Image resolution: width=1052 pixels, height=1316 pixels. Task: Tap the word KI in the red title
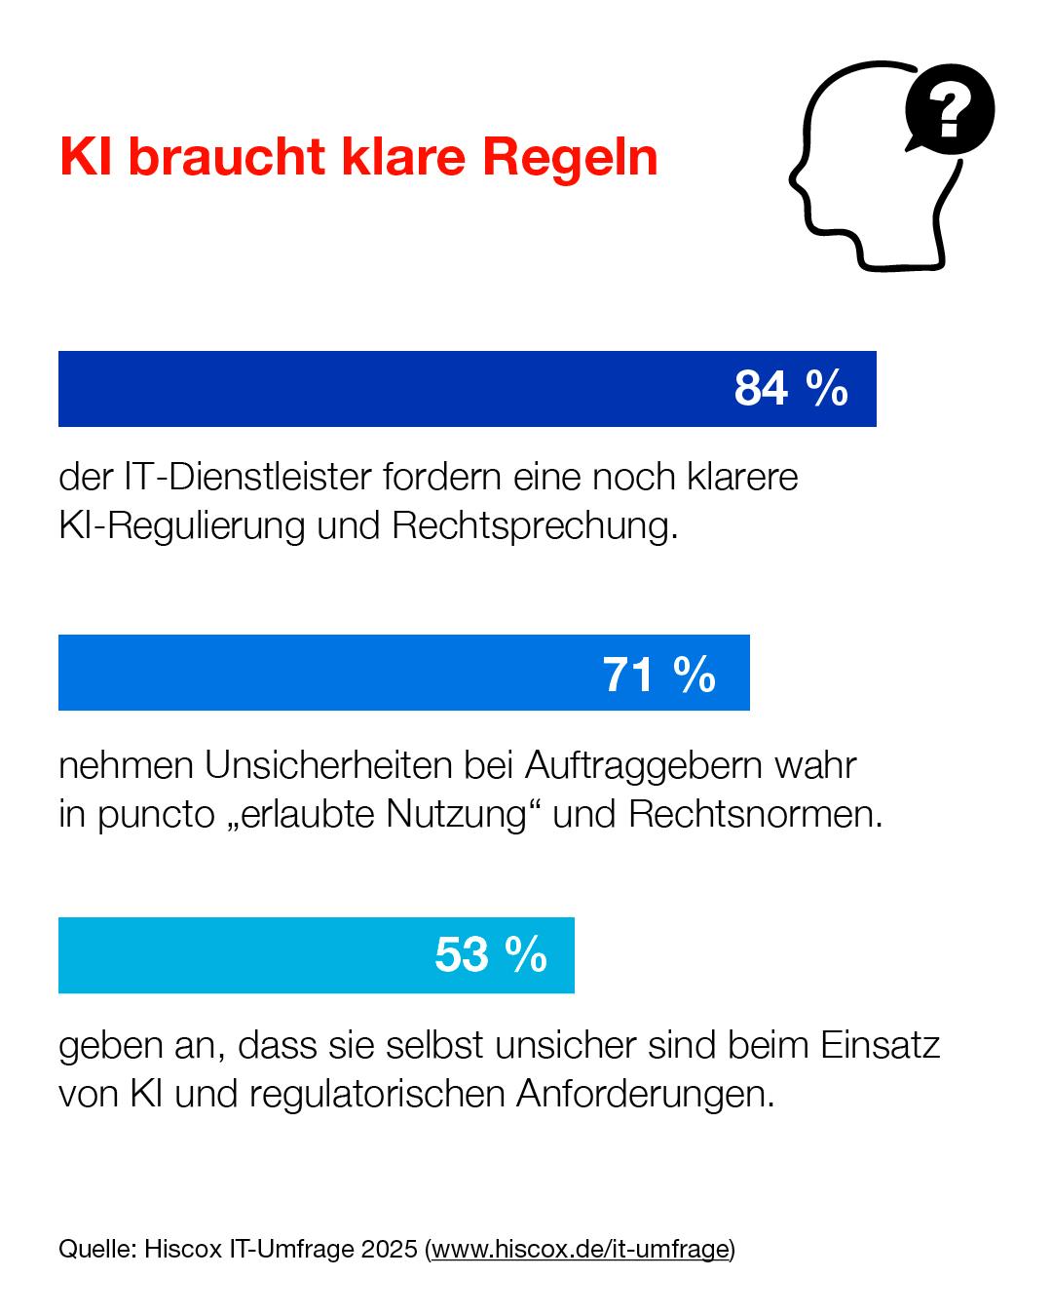[x=87, y=157]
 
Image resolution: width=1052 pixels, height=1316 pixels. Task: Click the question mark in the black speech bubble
[x=950, y=109]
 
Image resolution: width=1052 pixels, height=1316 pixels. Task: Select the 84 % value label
[x=791, y=388]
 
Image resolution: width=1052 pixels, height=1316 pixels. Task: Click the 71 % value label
[x=659, y=674]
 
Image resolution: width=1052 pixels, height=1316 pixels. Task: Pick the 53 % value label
[x=491, y=954]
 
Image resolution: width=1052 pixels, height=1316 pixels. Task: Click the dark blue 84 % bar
[x=390, y=389]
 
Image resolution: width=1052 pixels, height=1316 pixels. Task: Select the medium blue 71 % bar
[x=321, y=673]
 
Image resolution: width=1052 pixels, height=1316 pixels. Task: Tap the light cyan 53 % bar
[x=244, y=955]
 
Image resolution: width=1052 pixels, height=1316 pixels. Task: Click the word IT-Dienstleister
[x=247, y=477]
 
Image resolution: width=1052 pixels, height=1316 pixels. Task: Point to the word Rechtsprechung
[x=535, y=525]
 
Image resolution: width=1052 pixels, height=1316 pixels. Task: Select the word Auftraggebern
[x=645, y=767]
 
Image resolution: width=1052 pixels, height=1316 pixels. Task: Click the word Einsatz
[x=880, y=1045]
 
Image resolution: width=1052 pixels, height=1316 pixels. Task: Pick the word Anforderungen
[x=645, y=1094]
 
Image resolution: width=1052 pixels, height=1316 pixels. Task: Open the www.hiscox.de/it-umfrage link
[x=581, y=1249]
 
